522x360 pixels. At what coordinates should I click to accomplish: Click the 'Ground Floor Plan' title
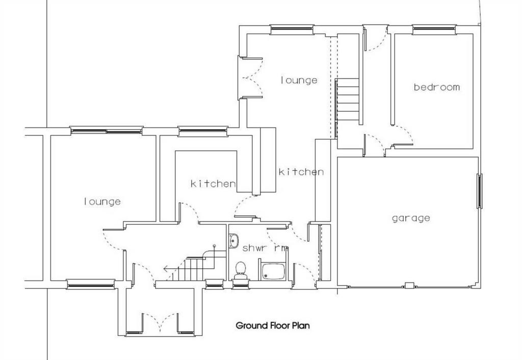(x=273, y=325)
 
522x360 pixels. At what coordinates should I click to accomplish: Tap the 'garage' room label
(x=411, y=218)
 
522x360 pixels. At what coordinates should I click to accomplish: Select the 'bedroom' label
(x=437, y=87)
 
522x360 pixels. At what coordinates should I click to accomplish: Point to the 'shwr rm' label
(x=265, y=248)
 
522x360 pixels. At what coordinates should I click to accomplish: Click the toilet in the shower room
(x=241, y=270)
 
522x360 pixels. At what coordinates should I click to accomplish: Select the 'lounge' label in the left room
(x=102, y=201)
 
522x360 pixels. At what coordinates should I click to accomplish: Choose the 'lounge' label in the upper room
(x=299, y=80)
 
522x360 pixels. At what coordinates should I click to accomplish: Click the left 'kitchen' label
(x=213, y=184)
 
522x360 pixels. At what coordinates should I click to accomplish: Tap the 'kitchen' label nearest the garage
(x=301, y=172)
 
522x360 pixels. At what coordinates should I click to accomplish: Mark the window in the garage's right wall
(x=480, y=191)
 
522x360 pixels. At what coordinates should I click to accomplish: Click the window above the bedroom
(x=434, y=30)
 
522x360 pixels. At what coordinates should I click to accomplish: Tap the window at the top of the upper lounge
(x=292, y=30)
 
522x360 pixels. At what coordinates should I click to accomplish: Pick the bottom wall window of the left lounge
(x=91, y=284)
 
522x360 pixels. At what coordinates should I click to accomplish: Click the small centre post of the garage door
(x=409, y=285)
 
